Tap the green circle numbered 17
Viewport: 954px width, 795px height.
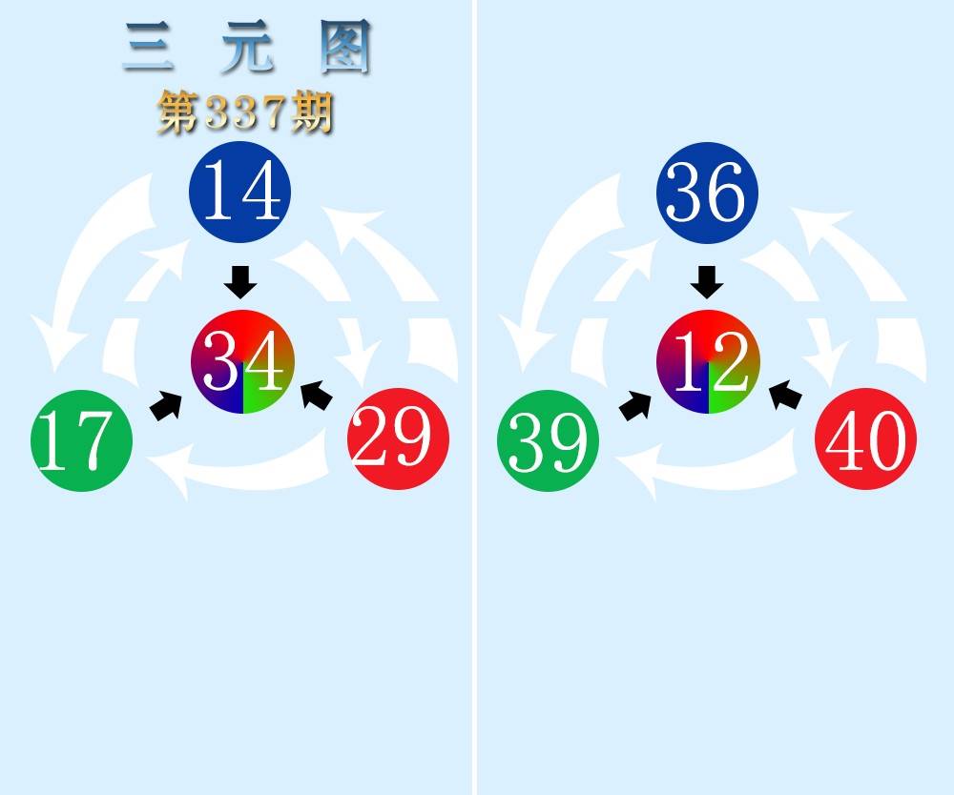point(82,441)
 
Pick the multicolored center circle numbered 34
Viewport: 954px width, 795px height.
point(242,362)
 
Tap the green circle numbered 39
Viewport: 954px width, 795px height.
point(549,441)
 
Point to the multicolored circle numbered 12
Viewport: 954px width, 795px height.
point(708,362)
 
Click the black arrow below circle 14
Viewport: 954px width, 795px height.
point(240,282)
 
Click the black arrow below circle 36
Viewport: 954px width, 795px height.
point(707,282)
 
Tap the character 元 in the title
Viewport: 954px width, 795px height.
point(245,50)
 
